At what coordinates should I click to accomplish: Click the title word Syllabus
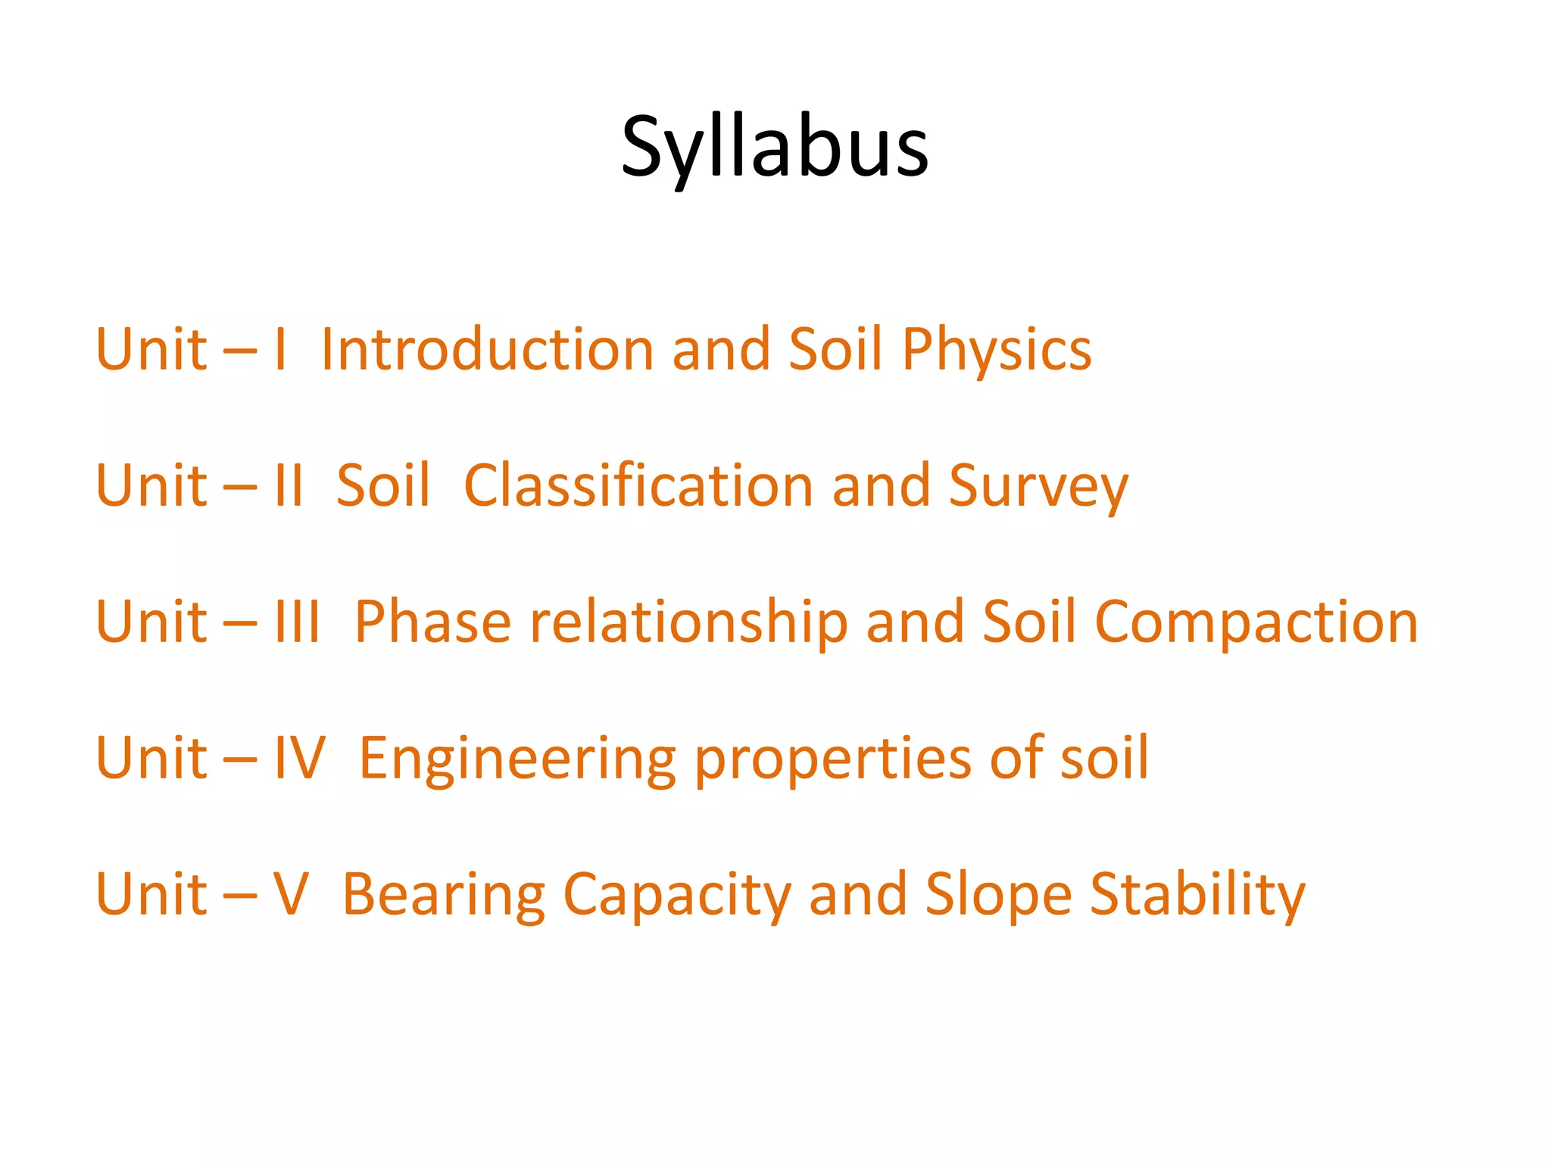(x=774, y=148)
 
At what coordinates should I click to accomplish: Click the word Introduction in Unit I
(x=487, y=350)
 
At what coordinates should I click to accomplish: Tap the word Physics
(x=996, y=351)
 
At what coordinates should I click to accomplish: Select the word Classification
(x=638, y=485)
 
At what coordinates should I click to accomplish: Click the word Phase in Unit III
(x=432, y=622)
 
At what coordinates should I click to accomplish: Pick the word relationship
(x=688, y=622)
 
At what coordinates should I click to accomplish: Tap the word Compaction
(x=1256, y=622)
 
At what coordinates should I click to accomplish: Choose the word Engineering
(x=517, y=759)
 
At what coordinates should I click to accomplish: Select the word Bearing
(x=444, y=895)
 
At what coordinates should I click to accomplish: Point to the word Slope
(x=998, y=895)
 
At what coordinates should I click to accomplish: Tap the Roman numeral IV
(x=299, y=758)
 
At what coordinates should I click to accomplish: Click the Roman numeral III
(x=297, y=622)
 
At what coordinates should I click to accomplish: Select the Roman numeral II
(x=289, y=485)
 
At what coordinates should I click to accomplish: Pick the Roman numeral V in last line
(x=291, y=894)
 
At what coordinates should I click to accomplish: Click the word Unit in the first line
(x=151, y=350)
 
